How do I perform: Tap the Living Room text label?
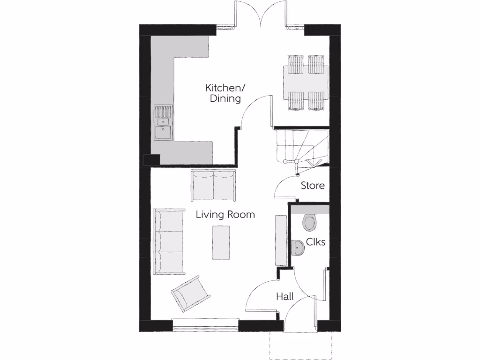tap(225, 215)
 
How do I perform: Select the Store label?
tap(312, 186)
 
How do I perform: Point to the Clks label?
tap(315, 242)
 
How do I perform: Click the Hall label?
tap(285, 297)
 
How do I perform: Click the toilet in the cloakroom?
tap(310, 222)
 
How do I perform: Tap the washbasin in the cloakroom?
tap(298, 247)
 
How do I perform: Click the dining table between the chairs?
tap(306, 82)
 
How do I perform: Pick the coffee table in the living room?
tap(221, 242)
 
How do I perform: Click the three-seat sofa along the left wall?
tap(168, 242)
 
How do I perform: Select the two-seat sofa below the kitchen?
tap(213, 186)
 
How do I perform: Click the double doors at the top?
tap(261, 14)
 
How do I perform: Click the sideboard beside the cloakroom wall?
tap(281, 240)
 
